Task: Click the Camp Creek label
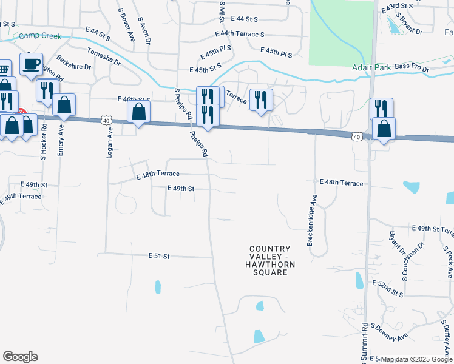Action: (x=40, y=36)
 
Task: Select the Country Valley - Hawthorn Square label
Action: (x=270, y=260)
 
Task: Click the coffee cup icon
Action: (x=32, y=63)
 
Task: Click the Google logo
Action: (x=20, y=357)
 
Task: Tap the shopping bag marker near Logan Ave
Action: (x=139, y=112)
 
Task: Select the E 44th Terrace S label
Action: (x=240, y=35)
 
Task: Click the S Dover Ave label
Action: (x=127, y=24)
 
